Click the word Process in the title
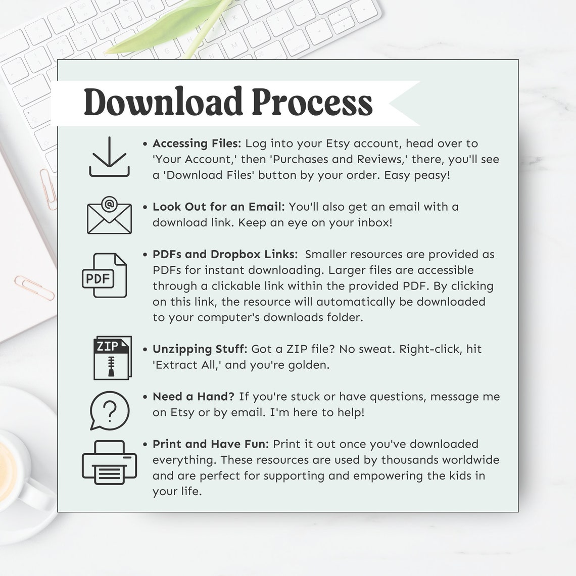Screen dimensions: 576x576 click(x=312, y=102)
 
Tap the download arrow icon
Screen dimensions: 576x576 click(x=109, y=157)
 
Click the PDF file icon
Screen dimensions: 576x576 click(x=105, y=275)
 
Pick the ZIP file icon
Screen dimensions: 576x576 click(x=112, y=357)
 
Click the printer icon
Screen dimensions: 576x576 click(x=110, y=462)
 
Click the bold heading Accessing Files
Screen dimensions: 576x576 click(x=197, y=143)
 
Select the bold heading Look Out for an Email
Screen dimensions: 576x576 click(x=219, y=207)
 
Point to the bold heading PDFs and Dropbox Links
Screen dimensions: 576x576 click(x=225, y=254)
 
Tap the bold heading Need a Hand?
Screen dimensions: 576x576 click(x=194, y=397)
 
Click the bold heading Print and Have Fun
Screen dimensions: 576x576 click(x=211, y=444)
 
